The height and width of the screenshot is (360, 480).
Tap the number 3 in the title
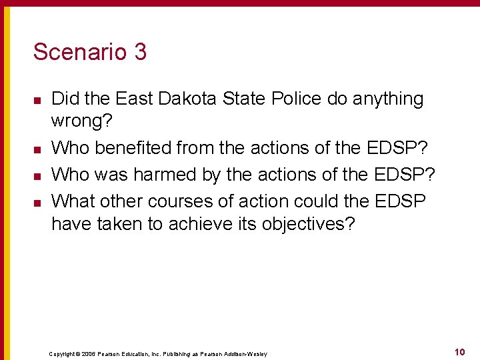140,52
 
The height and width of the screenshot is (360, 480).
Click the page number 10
459,351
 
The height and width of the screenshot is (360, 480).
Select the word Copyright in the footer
63,354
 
